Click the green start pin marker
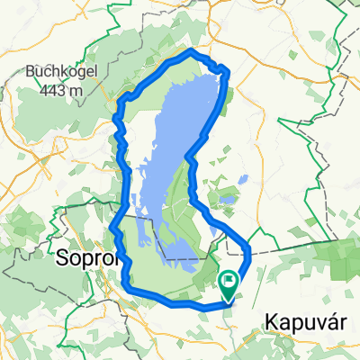(x=229, y=285)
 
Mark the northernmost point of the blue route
(x=191, y=50)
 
